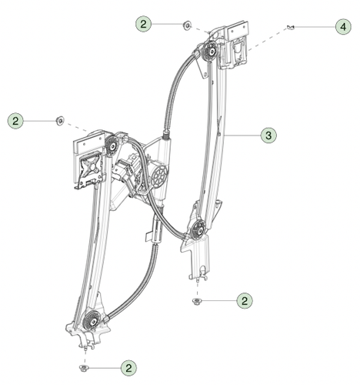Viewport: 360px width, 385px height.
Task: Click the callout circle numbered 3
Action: pyautogui.click(x=268, y=136)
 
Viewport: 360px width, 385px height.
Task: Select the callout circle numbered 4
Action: pyautogui.click(x=342, y=27)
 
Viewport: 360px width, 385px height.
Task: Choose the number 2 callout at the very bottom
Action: pyautogui.click(x=129, y=368)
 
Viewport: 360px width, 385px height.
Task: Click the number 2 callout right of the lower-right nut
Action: pyautogui.click(x=244, y=300)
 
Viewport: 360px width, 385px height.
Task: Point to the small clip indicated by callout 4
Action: pyautogui.click(x=290, y=28)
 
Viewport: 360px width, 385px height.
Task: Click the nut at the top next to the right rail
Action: pyautogui.click(x=187, y=25)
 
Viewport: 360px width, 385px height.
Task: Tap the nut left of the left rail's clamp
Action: pyautogui.click(x=58, y=120)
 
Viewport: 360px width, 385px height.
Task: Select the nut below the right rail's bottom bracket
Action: pyautogui.click(x=197, y=300)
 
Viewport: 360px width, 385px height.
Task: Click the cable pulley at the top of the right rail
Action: pyautogui.click(x=210, y=52)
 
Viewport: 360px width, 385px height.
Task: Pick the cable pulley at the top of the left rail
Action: pyautogui.click(x=112, y=142)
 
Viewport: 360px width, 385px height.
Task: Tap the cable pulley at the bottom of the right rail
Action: pyautogui.click(x=198, y=228)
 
